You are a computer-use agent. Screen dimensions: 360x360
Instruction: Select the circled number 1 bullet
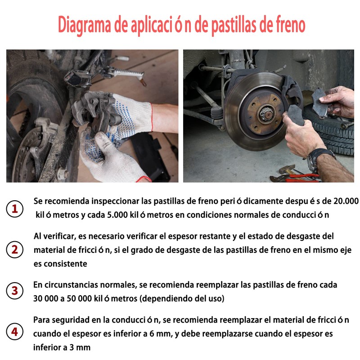(15, 209)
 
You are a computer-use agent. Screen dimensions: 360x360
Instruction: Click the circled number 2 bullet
(15, 250)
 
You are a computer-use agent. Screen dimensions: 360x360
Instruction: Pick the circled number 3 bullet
(15, 291)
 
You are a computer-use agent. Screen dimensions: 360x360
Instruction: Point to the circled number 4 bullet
(15, 332)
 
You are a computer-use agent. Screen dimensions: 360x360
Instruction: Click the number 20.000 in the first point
(346, 201)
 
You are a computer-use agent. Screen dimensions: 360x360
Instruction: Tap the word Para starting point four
(42, 320)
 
